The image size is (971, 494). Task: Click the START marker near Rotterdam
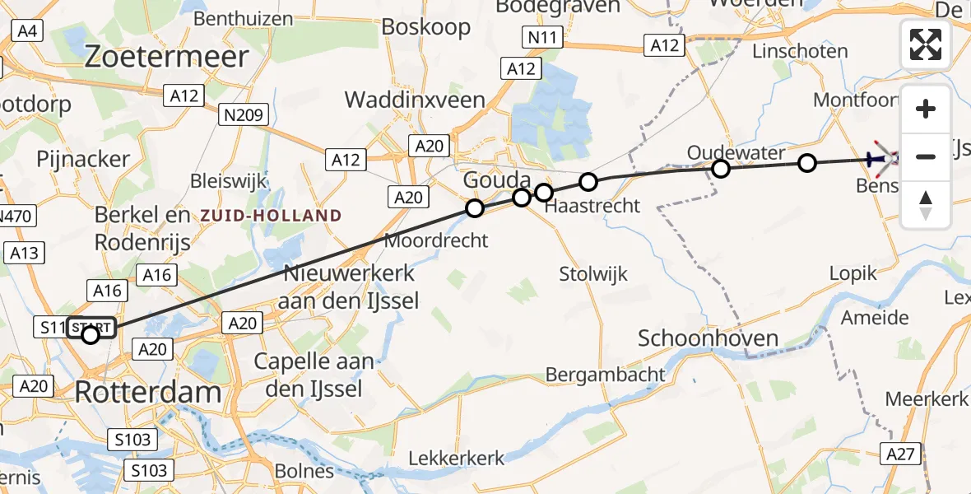click(90, 333)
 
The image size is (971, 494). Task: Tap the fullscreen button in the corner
click(926, 44)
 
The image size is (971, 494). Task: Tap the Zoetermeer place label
click(166, 56)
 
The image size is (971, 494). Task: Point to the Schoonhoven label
click(709, 338)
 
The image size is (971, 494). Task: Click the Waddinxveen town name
click(414, 100)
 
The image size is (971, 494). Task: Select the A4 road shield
click(26, 31)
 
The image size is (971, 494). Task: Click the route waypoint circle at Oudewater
click(721, 169)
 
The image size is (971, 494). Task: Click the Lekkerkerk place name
click(458, 458)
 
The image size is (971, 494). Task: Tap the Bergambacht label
click(605, 375)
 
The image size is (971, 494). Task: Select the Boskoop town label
click(426, 26)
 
